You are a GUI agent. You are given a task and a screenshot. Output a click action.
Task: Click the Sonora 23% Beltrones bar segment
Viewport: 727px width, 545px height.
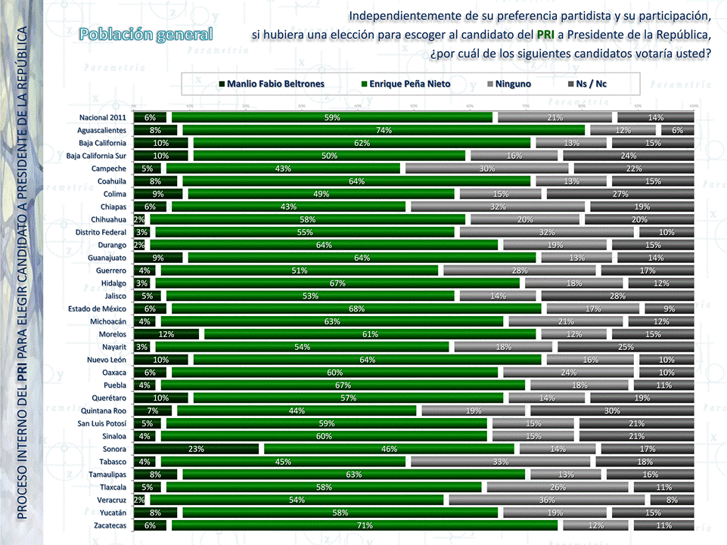tap(196, 449)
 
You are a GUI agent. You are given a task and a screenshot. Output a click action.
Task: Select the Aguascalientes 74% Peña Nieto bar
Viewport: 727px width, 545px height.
tap(384, 130)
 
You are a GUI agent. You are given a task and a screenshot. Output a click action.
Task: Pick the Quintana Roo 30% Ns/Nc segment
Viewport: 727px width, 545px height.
tap(612, 410)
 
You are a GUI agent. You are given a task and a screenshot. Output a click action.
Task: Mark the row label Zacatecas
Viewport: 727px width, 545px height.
tap(107, 525)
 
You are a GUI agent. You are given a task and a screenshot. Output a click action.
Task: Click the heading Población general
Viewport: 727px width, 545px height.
tap(146, 34)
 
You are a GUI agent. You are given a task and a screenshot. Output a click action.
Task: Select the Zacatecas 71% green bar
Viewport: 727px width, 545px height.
tap(365, 525)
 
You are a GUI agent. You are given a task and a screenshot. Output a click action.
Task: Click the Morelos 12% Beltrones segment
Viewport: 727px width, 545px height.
tap(166, 334)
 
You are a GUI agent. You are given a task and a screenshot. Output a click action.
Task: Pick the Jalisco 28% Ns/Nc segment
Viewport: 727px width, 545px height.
tap(617, 296)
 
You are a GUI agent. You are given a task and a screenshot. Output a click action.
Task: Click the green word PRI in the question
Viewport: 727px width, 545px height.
tap(545, 35)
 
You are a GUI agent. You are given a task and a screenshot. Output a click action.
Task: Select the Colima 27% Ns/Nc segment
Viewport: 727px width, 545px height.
tap(620, 194)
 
